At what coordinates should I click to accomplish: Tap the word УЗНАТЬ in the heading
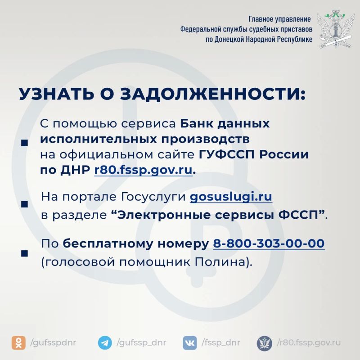(57, 94)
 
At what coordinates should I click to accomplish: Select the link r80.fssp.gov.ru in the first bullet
(143, 170)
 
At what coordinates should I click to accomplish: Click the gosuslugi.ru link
(231, 197)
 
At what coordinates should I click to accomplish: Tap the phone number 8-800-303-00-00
(269, 243)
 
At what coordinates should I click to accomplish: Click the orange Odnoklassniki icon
(18, 343)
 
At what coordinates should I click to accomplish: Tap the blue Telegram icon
(105, 343)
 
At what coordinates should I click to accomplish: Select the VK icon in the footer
(190, 343)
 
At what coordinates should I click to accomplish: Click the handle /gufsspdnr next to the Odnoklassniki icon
(53, 343)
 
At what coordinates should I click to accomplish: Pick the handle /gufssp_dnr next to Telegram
(141, 343)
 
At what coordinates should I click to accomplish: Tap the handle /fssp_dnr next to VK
(220, 343)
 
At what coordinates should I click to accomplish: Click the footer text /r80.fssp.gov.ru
(309, 343)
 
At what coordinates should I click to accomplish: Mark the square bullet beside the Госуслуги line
(24, 204)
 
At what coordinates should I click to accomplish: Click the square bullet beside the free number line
(24, 253)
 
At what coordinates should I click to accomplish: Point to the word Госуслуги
(153, 197)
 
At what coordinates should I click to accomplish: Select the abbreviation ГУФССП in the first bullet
(227, 154)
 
